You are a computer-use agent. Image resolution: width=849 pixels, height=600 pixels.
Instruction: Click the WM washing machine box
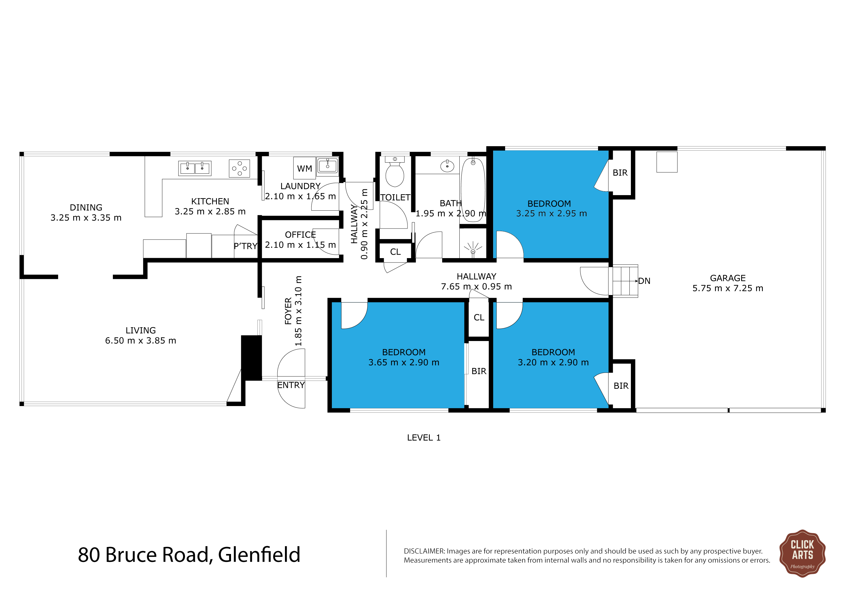coord(304,168)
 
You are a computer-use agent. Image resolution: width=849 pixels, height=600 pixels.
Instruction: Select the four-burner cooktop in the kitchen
coord(239,168)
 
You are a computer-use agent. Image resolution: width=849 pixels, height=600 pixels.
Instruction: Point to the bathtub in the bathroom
coord(473,190)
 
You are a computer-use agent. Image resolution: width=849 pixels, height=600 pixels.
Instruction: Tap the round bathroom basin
coord(447,166)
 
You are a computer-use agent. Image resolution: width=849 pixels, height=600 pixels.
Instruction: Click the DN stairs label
coord(644,281)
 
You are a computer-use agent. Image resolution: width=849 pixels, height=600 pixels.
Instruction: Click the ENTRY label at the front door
coord(291,385)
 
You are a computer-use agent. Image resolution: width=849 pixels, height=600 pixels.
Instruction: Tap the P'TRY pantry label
coord(246,246)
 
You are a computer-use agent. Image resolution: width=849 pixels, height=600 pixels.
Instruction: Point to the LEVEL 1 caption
coord(424,438)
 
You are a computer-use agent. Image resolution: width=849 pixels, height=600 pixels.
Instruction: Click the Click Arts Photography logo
coord(802,553)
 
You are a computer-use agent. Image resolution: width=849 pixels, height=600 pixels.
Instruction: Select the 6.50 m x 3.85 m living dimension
coord(140,341)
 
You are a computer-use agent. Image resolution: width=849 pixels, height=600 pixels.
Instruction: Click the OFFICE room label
coord(300,235)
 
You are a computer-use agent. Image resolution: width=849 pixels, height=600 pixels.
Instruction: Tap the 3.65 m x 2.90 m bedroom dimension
coord(404,362)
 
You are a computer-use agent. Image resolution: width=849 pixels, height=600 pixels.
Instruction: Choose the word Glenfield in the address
coord(259,555)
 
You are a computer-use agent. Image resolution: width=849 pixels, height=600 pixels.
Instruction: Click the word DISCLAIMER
coord(424,551)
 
